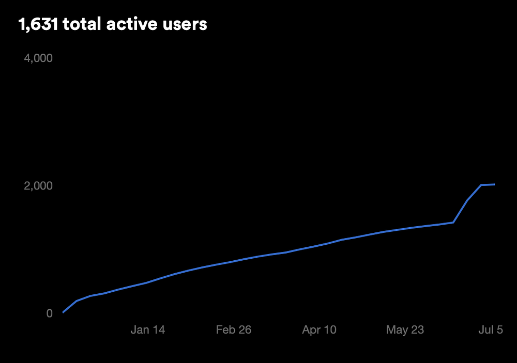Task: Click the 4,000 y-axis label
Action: tap(38, 58)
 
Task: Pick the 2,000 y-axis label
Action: tap(38, 185)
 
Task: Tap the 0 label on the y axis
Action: tap(49, 313)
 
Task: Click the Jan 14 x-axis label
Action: tap(148, 329)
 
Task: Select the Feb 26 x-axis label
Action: tap(234, 329)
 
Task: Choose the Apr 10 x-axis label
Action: tap(319, 329)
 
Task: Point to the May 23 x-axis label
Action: tap(405, 329)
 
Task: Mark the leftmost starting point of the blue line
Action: tap(63, 312)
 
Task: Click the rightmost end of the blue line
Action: tap(495, 184)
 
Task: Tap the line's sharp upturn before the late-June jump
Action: tap(453, 222)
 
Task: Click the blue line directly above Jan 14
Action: tap(148, 282)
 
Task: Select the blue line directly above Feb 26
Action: tap(234, 261)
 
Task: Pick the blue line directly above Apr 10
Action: tap(319, 245)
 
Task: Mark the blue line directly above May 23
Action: tap(405, 228)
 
